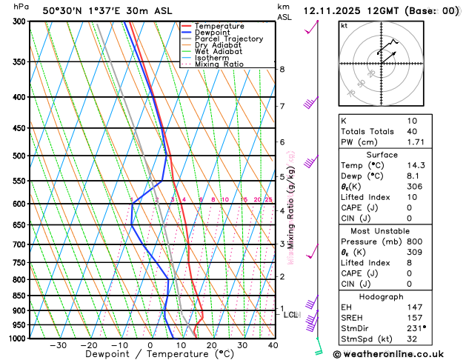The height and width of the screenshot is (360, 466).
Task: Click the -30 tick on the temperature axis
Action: click(58, 345)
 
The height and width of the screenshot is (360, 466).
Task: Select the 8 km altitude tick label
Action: click(282, 70)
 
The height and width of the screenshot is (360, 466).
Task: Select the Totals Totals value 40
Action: click(412, 132)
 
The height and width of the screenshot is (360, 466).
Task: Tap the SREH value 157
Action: click(415, 316)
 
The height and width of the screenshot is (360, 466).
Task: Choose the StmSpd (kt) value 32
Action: click(412, 339)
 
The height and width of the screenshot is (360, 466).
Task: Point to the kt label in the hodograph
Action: click(344, 26)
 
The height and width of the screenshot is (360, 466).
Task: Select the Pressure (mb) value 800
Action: click(415, 241)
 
